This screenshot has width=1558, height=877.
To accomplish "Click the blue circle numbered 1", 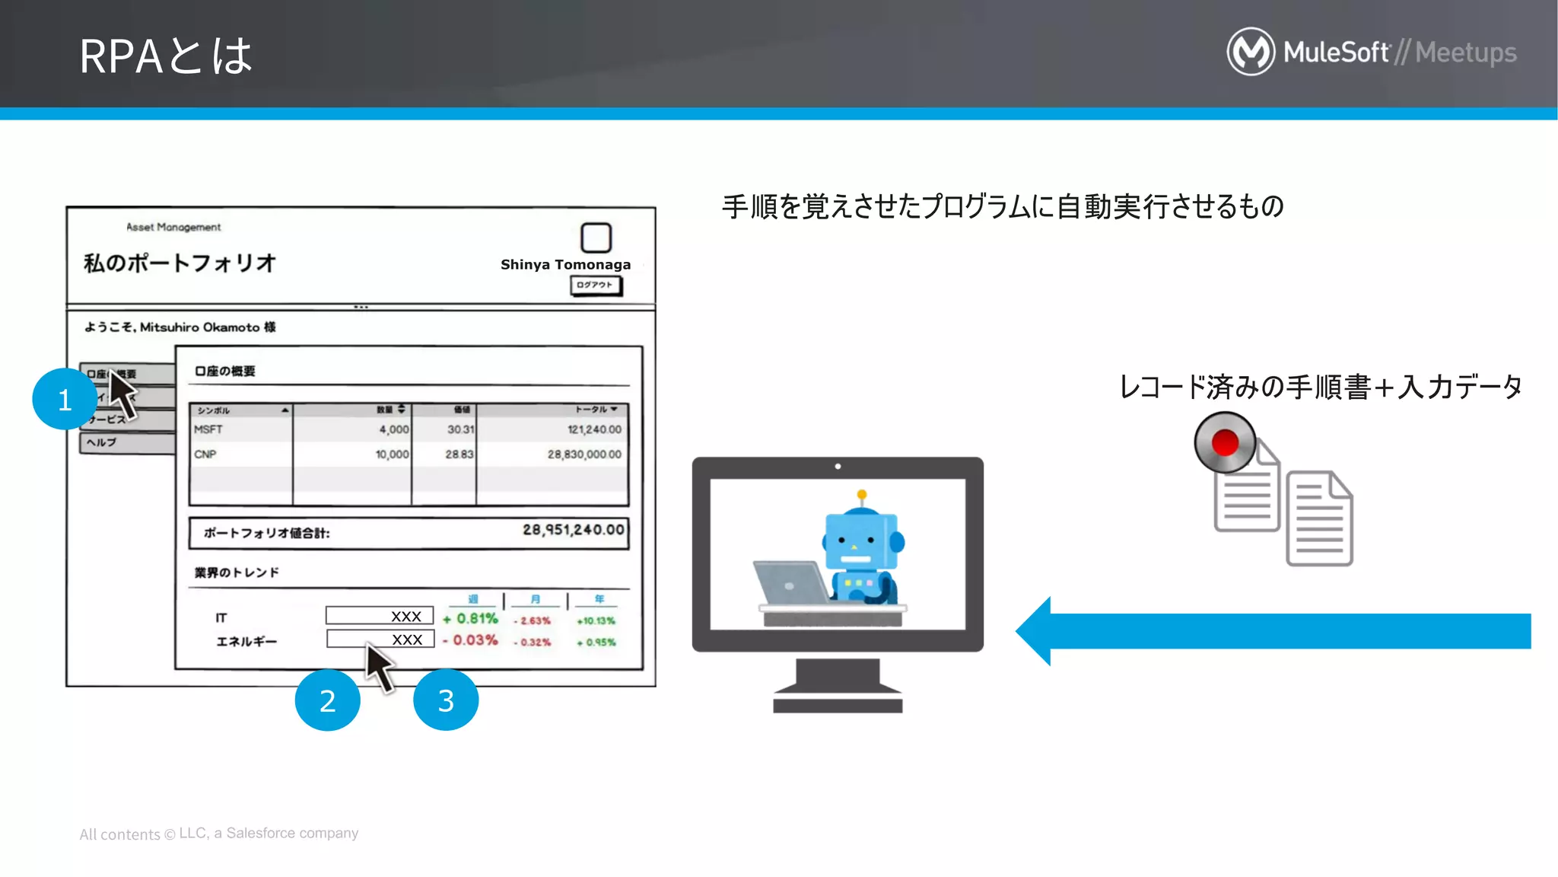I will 65,399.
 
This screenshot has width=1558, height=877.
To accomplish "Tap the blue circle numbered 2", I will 327,700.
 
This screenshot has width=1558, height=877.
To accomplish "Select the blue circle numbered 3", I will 446,700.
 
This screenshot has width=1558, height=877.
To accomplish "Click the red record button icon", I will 1225,442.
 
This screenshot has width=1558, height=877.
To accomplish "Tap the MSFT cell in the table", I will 208,429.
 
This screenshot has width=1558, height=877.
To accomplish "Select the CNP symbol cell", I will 205,454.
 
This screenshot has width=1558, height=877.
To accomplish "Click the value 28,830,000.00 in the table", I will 584,454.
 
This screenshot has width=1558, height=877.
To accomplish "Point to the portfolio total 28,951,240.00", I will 573,530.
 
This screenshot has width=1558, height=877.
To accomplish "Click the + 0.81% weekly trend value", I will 470,619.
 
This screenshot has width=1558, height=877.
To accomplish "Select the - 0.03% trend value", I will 470,640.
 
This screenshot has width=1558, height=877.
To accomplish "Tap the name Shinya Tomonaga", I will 565,265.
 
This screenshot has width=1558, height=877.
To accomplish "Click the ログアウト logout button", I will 595,285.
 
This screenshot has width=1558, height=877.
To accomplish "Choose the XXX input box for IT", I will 379,615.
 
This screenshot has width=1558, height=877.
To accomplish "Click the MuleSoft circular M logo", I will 1251,52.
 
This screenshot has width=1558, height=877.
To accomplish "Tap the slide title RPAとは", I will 166,56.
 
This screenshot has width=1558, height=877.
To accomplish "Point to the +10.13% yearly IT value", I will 596,621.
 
